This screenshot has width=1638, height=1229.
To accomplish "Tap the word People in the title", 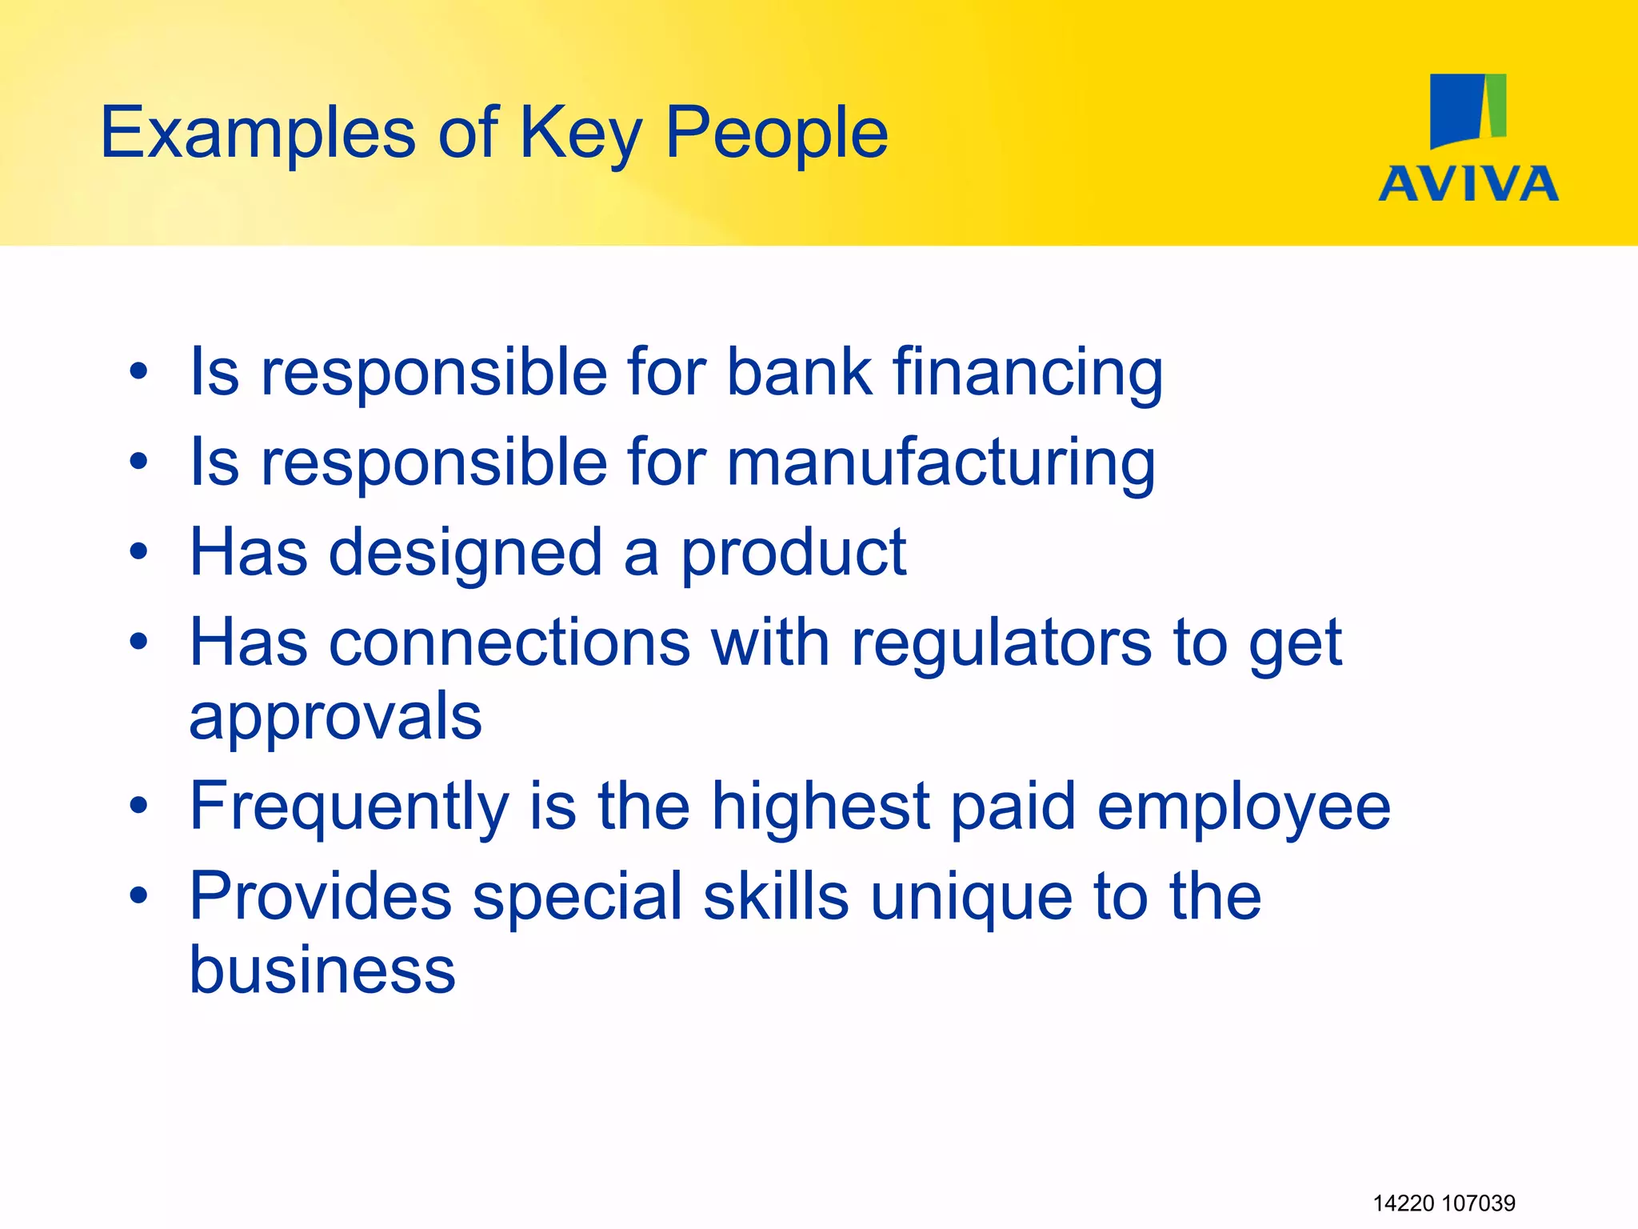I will (x=776, y=134).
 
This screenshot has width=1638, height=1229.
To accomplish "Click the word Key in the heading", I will (x=581, y=134).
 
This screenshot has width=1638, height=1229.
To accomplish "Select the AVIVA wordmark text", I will (x=1468, y=184).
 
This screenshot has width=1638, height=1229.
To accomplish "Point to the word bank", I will (x=799, y=373).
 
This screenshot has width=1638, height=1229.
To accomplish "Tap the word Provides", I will (x=321, y=896).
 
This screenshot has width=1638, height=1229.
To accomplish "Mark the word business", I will (x=322, y=970).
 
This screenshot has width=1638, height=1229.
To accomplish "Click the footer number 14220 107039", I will (x=1444, y=1203).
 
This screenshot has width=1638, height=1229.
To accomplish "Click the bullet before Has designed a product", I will (x=139, y=551).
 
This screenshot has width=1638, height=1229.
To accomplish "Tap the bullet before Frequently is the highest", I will (x=139, y=806).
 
